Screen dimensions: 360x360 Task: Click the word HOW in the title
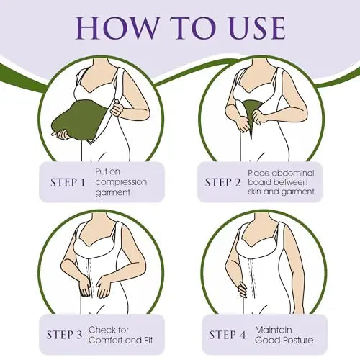pyautogui.click(x=116, y=28)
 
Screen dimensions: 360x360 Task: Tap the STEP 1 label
pyautogui.click(x=68, y=183)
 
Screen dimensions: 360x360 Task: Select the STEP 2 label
pyautogui.click(x=222, y=183)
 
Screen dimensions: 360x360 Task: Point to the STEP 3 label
pyautogui.click(x=64, y=335)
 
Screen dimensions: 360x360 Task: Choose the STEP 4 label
pyautogui.click(x=228, y=335)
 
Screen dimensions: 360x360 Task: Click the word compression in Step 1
pyautogui.click(x=121, y=182)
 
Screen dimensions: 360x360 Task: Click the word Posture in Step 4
pyautogui.click(x=298, y=341)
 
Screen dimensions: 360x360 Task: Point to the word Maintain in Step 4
pyautogui.click(x=274, y=330)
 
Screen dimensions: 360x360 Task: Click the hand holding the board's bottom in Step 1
pyautogui.click(x=62, y=134)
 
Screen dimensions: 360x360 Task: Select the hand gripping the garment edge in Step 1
pyautogui.click(x=117, y=108)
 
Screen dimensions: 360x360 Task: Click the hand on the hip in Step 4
pyautogui.click(x=242, y=289)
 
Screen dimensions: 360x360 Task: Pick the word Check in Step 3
pyautogui.click(x=102, y=330)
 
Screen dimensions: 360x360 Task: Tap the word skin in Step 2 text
pyautogui.click(x=256, y=192)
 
